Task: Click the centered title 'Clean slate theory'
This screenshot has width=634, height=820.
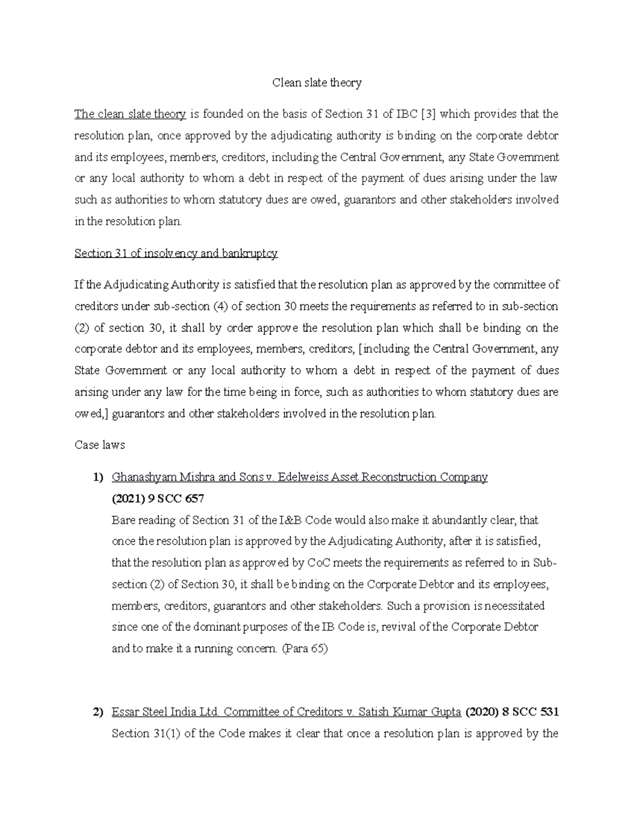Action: pos(316,82)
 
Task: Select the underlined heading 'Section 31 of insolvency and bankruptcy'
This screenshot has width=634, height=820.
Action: pos(176,253)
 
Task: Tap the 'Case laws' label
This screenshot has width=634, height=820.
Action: pos(100,445)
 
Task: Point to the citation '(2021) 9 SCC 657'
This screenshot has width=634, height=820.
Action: pos(157,498)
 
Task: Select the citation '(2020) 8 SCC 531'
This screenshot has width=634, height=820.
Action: pos(511,712)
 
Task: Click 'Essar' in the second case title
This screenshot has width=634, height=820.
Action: pos(124,712)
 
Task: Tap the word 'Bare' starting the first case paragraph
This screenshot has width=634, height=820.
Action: pos(123,520)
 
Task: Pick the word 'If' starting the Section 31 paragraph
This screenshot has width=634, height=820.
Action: pos(79,285)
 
